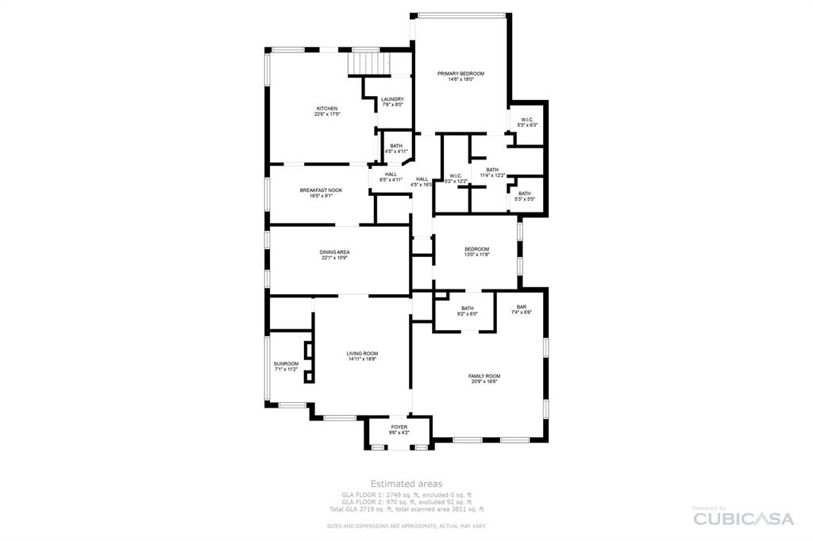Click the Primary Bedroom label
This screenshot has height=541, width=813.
click(x=460, y=73)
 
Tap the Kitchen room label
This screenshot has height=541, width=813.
click(x=327, y=109)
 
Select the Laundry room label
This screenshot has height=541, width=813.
click(x=392, y=99)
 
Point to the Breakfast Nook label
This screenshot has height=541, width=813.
click(x=321, y=190)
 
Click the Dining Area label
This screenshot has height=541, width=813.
click(x=335, y=252)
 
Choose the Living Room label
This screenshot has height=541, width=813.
click(x=362, y=354)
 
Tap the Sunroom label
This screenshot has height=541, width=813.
click(x=286, y=364)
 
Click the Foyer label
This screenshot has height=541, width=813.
click(x=399, y=427)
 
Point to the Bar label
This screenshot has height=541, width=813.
click(x=522, y=307)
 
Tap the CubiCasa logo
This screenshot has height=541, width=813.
click(x=743, y=518)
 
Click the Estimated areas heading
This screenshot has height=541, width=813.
click(x=406, y=483)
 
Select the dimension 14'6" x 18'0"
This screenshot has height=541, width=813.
click(x=460, y=79)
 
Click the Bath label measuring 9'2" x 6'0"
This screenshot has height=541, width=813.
click(x=468, y=309)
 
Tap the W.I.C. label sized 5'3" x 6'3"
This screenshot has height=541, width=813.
click(x=527, y=120)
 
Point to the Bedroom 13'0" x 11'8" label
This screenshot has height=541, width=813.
click(x=476, y=249)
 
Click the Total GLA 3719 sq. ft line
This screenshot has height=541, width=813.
click(x=406, y=509)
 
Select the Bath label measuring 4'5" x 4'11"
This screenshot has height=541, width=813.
click(x=395, y=146)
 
